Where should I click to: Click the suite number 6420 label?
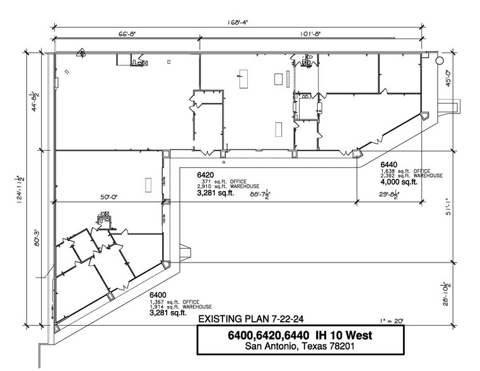206,174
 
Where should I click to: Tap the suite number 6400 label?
158,295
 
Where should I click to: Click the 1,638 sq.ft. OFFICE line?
403,170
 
